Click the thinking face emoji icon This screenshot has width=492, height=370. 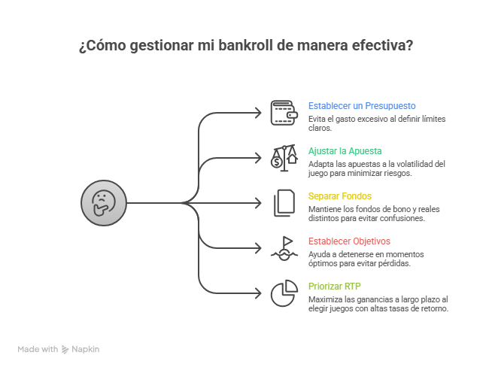103,202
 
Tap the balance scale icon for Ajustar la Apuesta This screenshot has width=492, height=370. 284,157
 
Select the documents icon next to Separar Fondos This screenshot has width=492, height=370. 284,202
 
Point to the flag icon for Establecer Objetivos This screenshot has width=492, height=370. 284,247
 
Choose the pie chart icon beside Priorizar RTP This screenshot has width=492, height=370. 284,293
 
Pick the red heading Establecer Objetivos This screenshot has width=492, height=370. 349,241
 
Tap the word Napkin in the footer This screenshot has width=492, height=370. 86,349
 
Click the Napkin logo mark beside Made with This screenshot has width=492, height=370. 66,349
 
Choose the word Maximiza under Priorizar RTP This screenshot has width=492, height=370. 325,299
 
